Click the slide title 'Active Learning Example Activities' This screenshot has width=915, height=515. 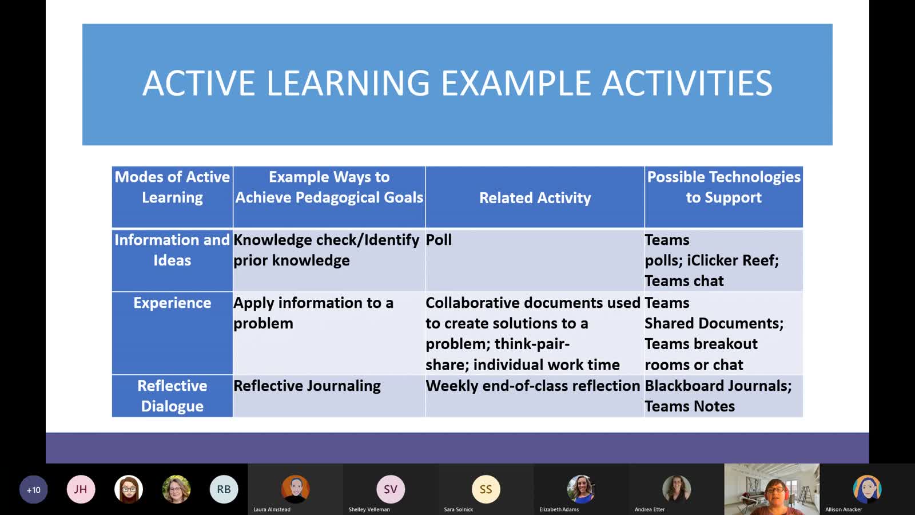tap(457, 83)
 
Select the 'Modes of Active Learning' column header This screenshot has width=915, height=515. tap(172, 187)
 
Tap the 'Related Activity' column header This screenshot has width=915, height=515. tap(535, 198)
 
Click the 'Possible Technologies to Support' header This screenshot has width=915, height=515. tap(723, 187)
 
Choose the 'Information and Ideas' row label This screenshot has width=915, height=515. tap(172, 249)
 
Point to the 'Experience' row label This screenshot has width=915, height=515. tap(172, 303)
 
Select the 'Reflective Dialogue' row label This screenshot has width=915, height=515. tap(172, 395)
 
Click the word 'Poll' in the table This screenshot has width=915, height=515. tap(439, 240)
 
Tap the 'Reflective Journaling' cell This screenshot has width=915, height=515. tap(307, 386)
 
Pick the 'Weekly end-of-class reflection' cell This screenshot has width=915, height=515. tap(532, 386)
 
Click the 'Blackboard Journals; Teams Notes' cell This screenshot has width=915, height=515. tap(718, 395)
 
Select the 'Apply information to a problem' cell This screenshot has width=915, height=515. tap(313, 313)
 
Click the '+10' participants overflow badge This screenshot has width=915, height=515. tap(34, 489)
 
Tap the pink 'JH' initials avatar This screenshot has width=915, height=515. tap(81, 489)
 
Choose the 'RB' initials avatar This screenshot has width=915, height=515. tap(224, 489)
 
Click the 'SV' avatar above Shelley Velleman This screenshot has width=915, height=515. tap(391, 489)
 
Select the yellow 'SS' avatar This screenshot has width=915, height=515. tap(486, 489)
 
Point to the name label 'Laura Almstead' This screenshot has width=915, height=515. tap(272, 509)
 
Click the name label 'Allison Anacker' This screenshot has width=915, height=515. tap(844, 509)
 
